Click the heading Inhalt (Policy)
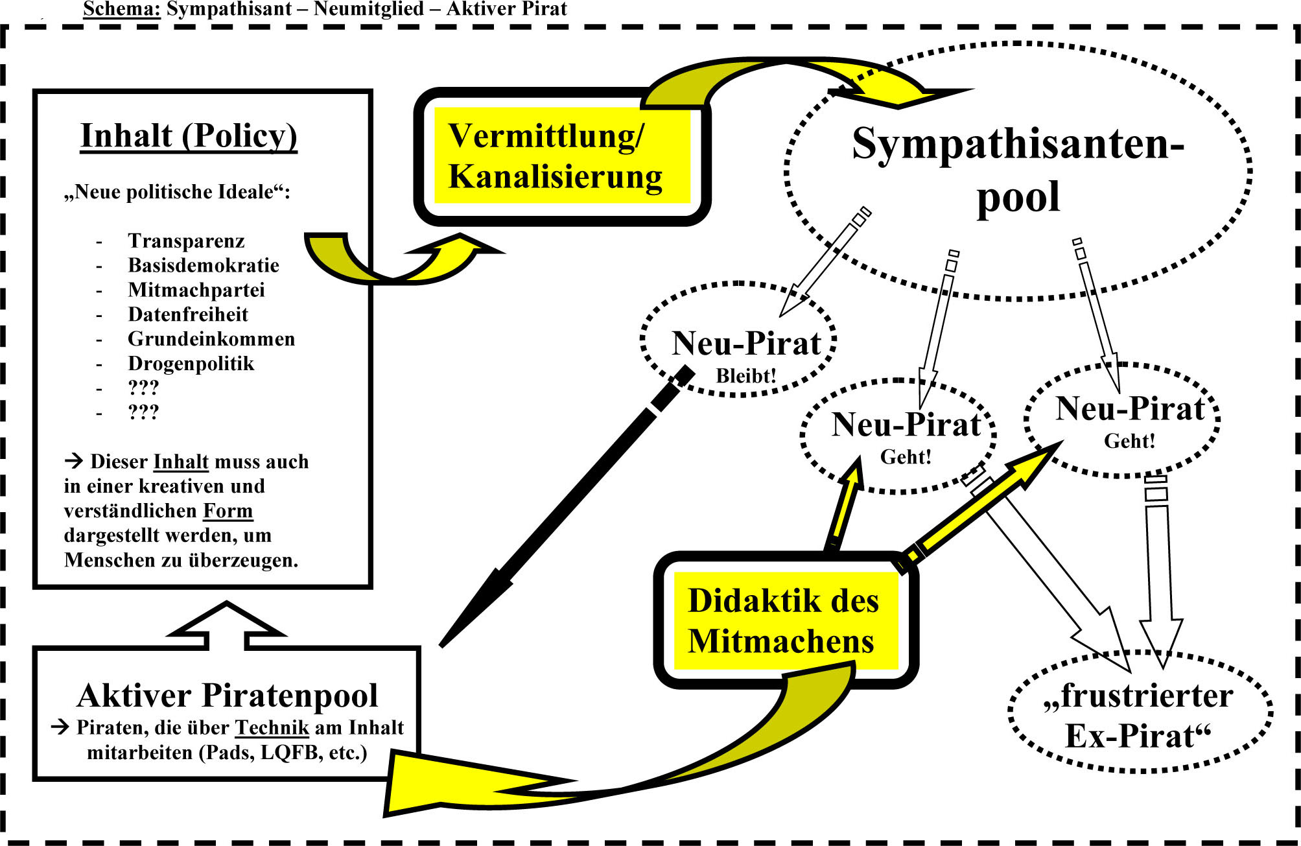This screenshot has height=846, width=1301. pyautogui.click(x=189, y=136)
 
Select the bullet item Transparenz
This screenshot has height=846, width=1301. pyautogui.click(x=186, y=241)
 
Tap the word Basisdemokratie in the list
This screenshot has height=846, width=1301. pyautogui.click(x=204, y=265)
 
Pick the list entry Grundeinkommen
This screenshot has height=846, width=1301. pyautogui.click(x=211, y=339)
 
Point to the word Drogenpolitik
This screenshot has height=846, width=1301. pyautogui.click(x=191, y=364)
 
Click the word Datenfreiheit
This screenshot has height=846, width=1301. pyautogui.click(x=188, y=314)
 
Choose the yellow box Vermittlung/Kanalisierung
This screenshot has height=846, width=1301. pyautogui.click(x=561, y=156)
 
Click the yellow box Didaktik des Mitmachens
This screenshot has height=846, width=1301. pyautogui.click(x=785, y=620)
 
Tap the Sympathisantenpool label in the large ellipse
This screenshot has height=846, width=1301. pyautogui.click(x=1018, y=169)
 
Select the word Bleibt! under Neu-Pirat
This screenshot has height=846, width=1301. pyautogui.click(x=745, y=376)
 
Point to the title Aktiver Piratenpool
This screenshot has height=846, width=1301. pyautogui.click(x=227, y=696)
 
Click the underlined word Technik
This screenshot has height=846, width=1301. pyautogui.click(x=272, y=727)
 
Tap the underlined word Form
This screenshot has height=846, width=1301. pyautogui.click(x=228, y=511)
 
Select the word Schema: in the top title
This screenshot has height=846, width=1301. pyautogui.click(x=121, y=9)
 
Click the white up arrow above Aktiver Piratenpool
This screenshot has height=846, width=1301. pyautogui.click(x=226, y=625)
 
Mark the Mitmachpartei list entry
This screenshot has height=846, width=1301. pyautogui.click(x=196, y=290)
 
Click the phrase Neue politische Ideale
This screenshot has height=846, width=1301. pyautogui.click(x=176, y=192)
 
